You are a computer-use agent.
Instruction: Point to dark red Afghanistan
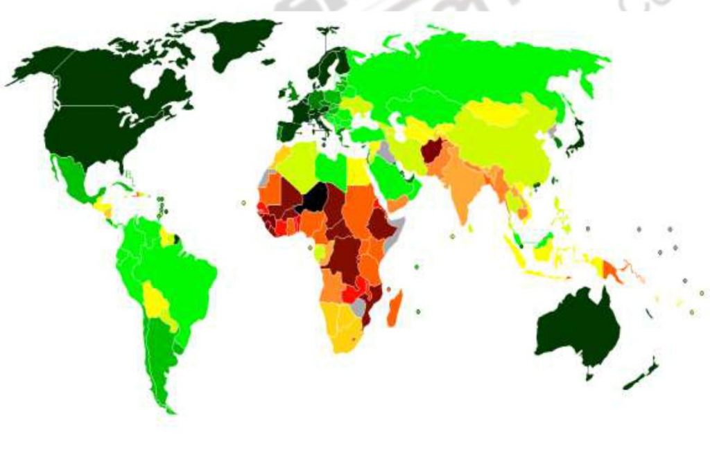pos(433,149)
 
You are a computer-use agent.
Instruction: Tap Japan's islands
pos(576,138)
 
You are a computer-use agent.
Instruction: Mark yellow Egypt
pos(358,170)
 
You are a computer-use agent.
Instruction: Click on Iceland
pos(268,62)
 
